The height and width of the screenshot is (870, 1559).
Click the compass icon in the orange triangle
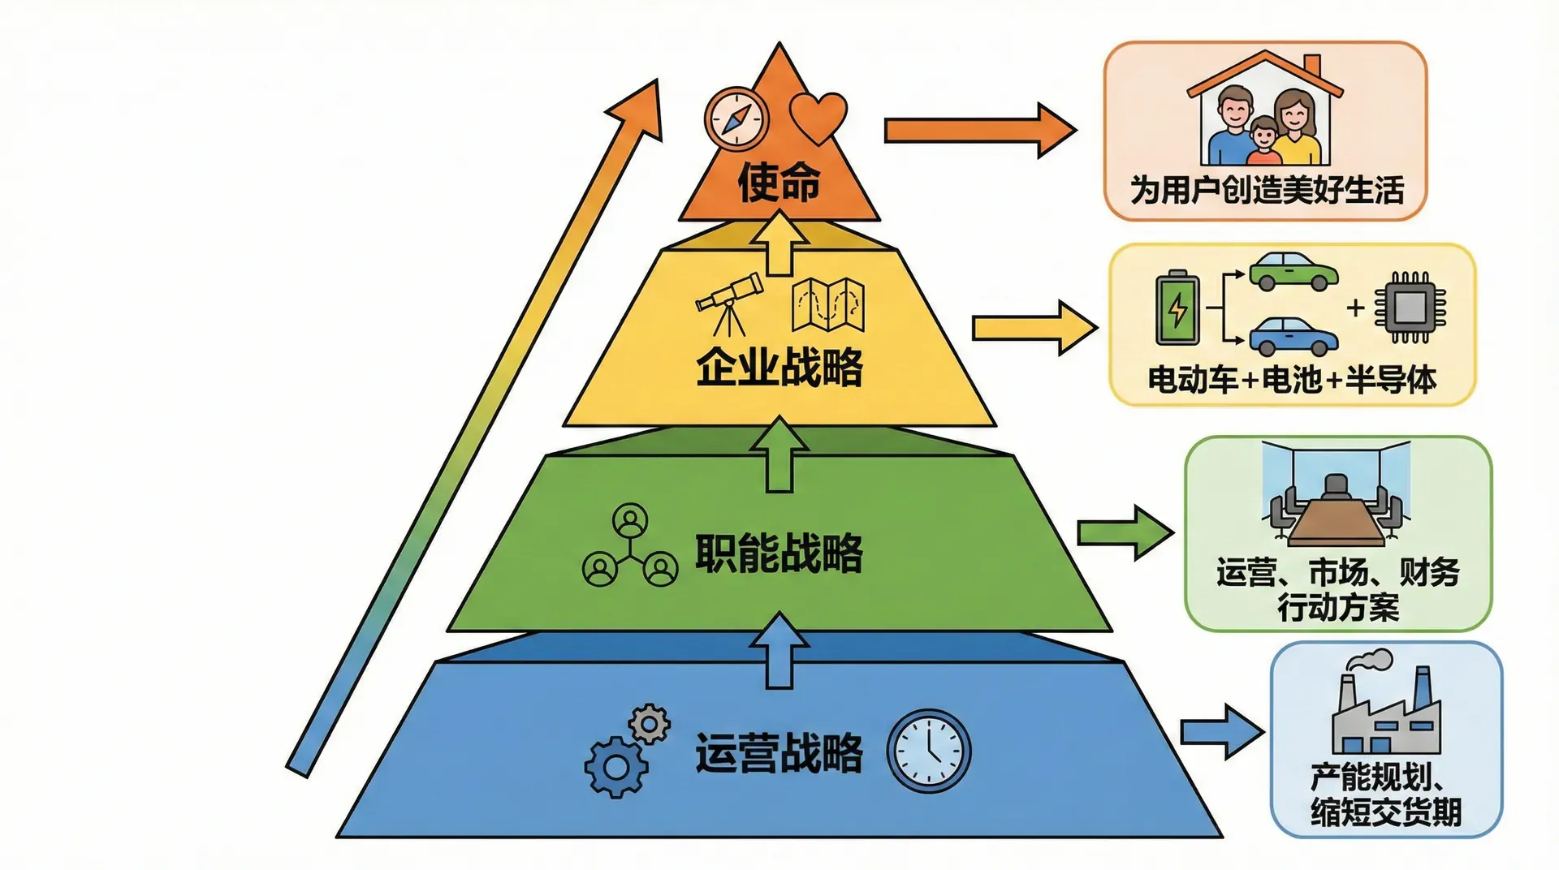pyautogui.click(x=736, y=118)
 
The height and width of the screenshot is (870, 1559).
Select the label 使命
pyautogui.click(x=779, y=182)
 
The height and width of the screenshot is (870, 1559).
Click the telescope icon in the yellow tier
pyautogui.click(x=729, y=304)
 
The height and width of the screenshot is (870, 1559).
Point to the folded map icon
pyautogui.click(x=827, y=305)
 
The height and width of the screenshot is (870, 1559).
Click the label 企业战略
pyautogui.click(x=779, y=367)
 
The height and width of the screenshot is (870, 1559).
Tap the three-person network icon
pyautogui.click(x=630, y=546)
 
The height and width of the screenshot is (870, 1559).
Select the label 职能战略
pyautogui.click(x=779, y=553)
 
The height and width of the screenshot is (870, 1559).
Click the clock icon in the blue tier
pyautogui.click(x=928, y=751)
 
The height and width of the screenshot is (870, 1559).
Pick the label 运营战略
pyautogui.click(x=779, y=752)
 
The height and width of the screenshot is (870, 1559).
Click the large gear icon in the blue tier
pyautogui.click(x=615, y=766)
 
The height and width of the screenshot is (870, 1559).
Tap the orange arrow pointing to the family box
pyautogui.click(x=979, y=130)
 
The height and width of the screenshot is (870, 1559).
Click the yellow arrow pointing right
pyautogui.click(x=1034, y=327)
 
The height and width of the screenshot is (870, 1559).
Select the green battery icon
pyautogui.click(x=1177, y=308)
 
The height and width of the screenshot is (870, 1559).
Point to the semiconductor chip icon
pyautogui.click(x=1410, y=308)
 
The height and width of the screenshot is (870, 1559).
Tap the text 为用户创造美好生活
pyautogui.click(x=1267, y=191)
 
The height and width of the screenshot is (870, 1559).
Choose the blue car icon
pyautogui.click(x=1293, y=336)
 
